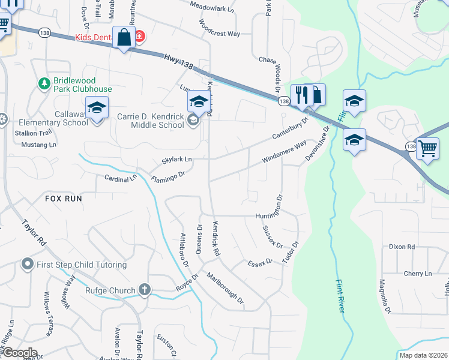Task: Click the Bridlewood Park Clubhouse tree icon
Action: point(43,85)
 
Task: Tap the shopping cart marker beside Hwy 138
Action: point(427,148)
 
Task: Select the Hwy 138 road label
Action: point(177,62)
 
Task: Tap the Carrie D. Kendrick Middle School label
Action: point(158,121)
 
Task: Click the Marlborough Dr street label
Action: point(224,288)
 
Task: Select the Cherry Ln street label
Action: point(418,274)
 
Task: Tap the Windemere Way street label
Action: point(284,152)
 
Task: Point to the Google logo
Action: point(20,353)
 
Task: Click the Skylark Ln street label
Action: point(176,160)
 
